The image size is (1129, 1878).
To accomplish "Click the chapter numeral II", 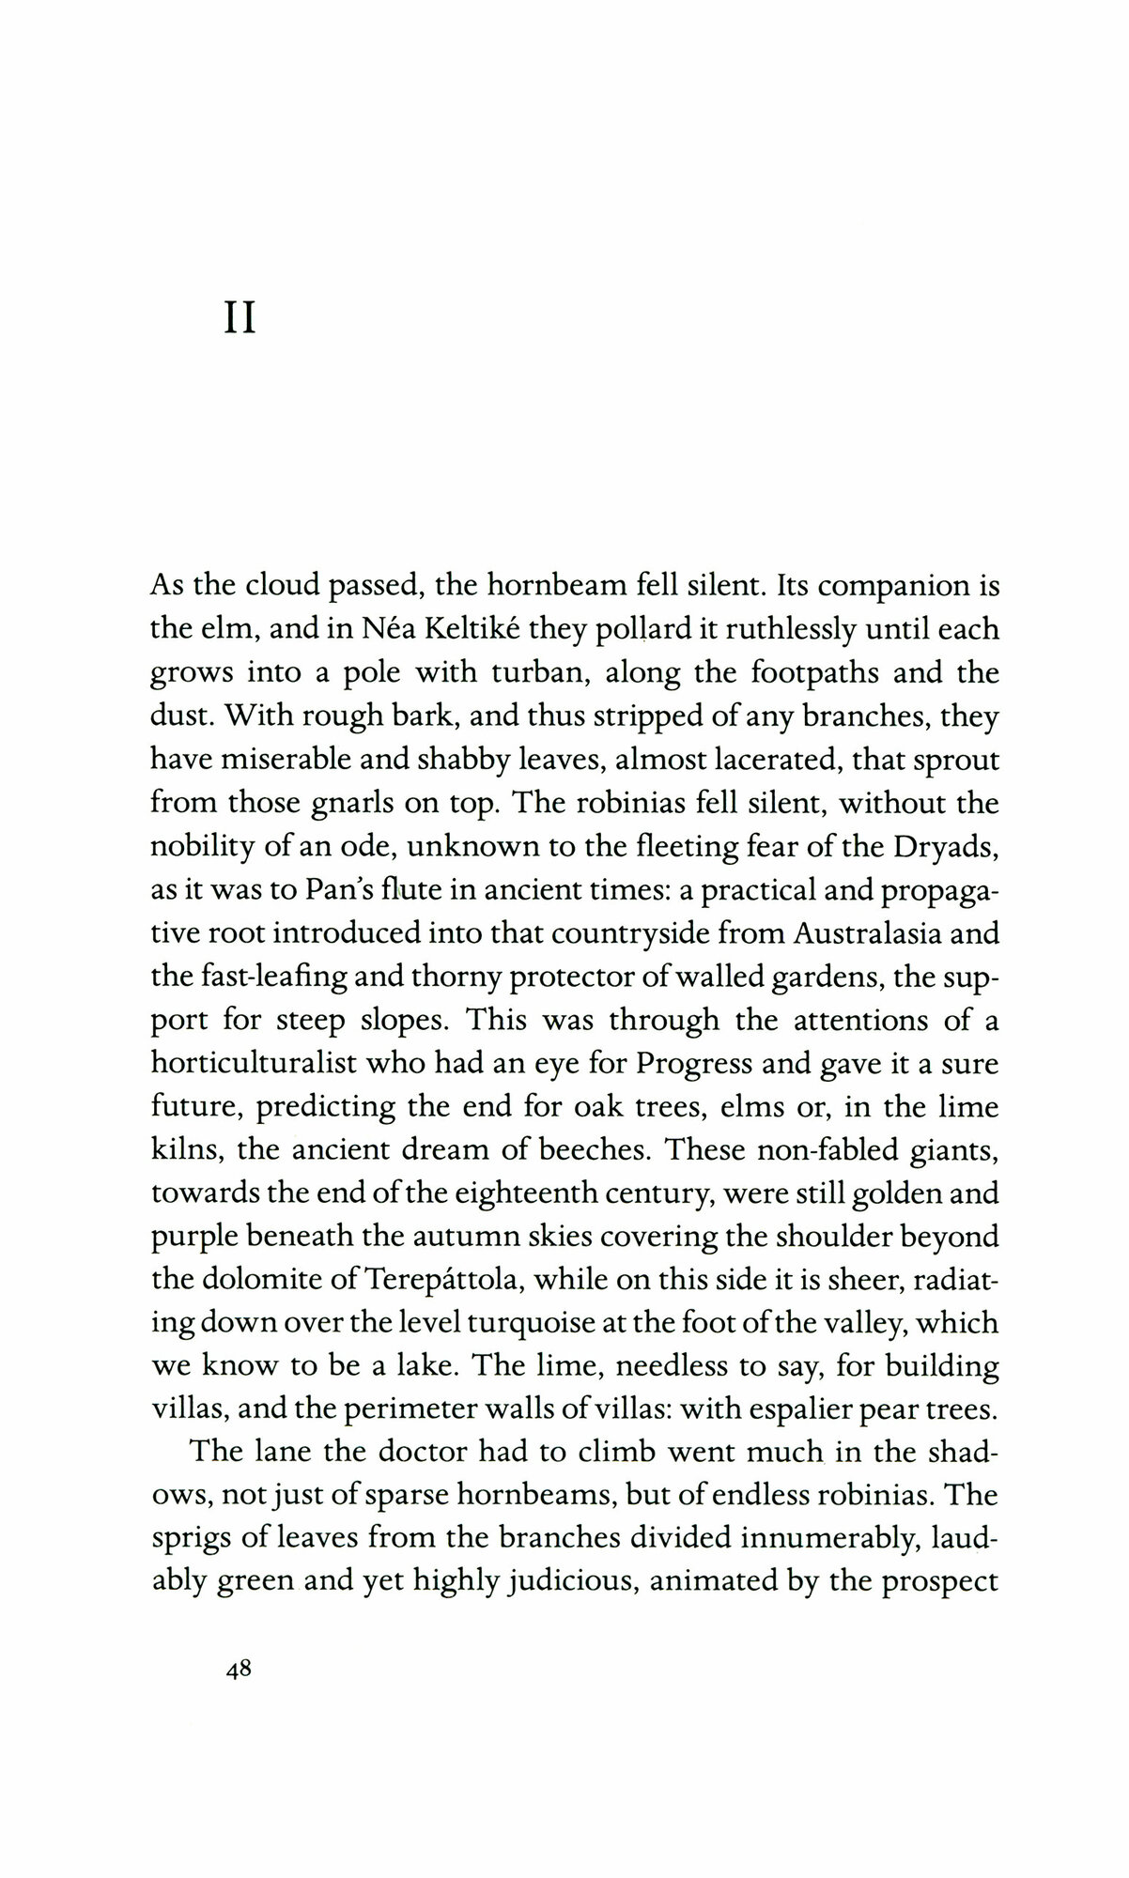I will pos(240,319).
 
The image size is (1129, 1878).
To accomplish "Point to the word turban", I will pos(544,673).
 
